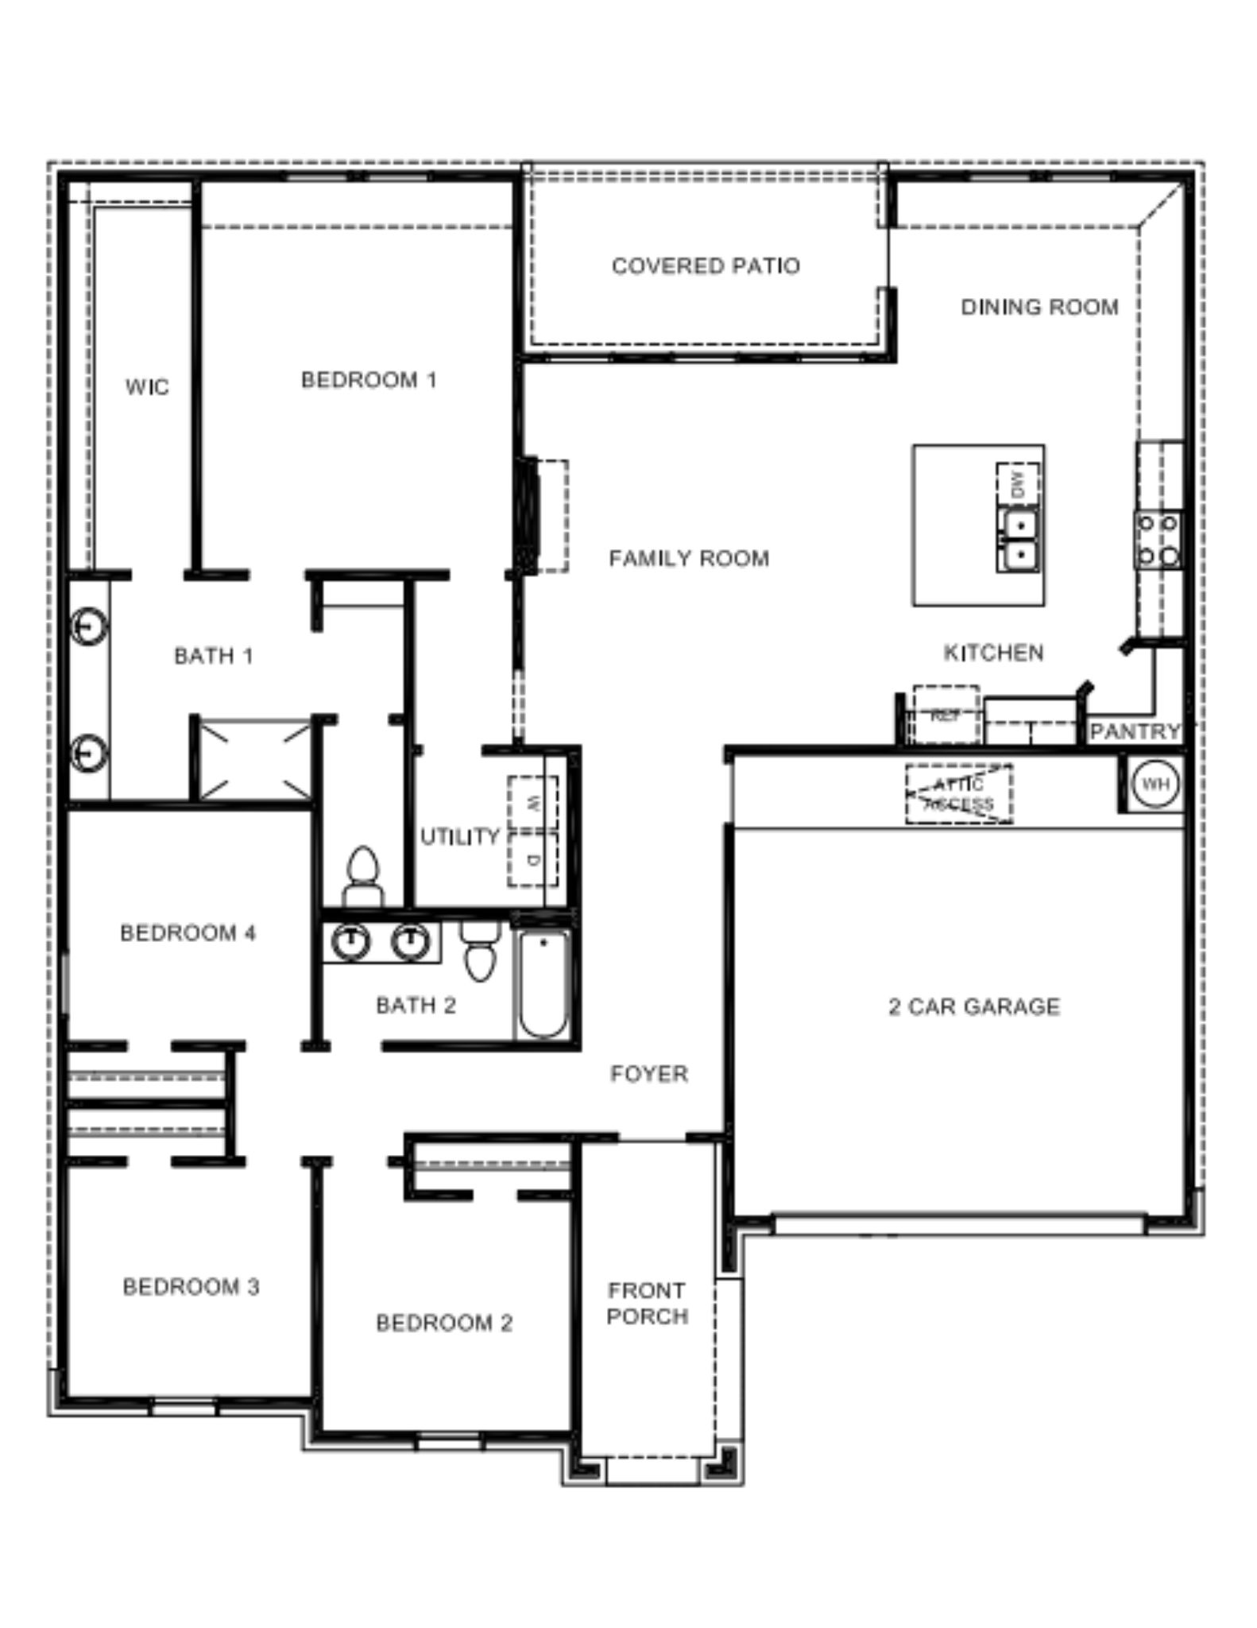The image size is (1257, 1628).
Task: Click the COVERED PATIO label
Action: (706, 266)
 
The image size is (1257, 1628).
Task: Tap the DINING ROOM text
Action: (1039, 307)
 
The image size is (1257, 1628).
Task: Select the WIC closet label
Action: (147, 387)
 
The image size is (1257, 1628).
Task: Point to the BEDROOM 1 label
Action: (369, 380)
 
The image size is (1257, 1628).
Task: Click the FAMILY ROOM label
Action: (689, 559)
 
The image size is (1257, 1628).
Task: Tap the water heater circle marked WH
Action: (1155, 784)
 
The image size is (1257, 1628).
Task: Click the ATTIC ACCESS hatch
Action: (959, 793)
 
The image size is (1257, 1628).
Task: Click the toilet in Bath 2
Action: (480, 952)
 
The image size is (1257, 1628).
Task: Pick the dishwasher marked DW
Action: (1018, 483)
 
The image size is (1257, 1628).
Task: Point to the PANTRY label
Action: (1135, 731)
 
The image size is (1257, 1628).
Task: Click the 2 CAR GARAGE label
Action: (974, 1007)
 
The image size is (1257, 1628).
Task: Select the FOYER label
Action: (649, 1074)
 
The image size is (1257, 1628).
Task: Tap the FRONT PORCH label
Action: (647, 1304)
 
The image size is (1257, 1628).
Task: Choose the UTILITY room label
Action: (459, 836)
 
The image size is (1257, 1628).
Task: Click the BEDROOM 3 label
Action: (191, 1287)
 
